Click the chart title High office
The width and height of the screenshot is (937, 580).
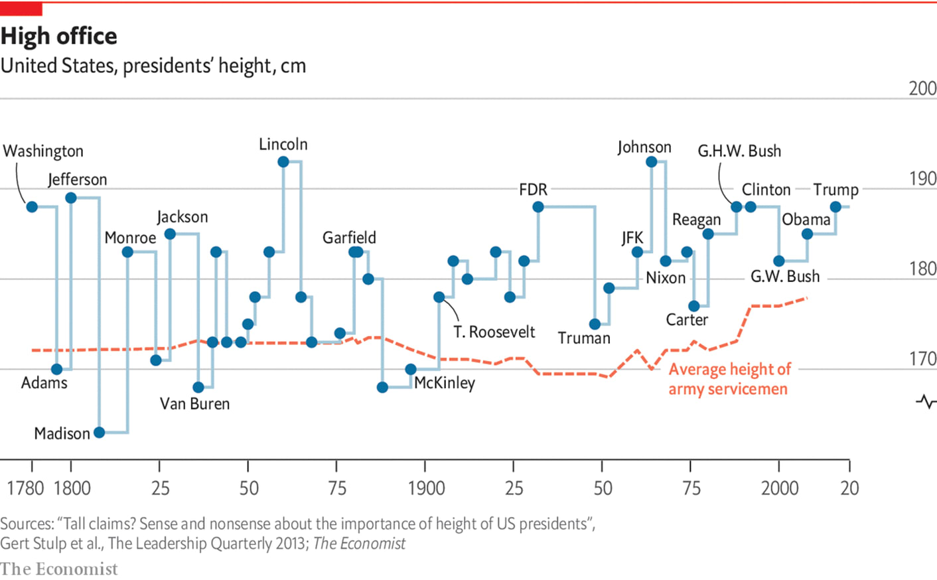[59, 36]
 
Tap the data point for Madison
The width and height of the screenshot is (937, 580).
[100, 433]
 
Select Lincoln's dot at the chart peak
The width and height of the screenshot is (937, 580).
[283, 162]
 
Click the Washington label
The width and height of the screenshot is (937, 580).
[43, 151]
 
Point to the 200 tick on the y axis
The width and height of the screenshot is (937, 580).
[922, 88]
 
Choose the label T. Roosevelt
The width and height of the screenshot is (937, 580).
[494, 332]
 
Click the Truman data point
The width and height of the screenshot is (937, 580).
[595, 324]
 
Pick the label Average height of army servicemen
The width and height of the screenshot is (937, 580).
[729, 379]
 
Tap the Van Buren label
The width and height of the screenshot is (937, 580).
[194, 403]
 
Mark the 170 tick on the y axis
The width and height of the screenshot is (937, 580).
[922, 359]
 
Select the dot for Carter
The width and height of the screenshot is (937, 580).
[694, 306]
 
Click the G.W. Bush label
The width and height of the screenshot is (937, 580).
[785, 276]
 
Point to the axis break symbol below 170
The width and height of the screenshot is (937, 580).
[926, 401]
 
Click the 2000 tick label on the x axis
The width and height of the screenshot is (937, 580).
[780, 488]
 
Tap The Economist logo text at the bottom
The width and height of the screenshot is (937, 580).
[59, 569]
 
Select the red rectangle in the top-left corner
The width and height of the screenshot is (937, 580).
[21, 9]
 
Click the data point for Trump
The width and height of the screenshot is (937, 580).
[836, 207]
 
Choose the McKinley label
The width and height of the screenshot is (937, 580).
[445, 383]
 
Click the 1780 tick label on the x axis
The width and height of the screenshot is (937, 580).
[25, 488]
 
